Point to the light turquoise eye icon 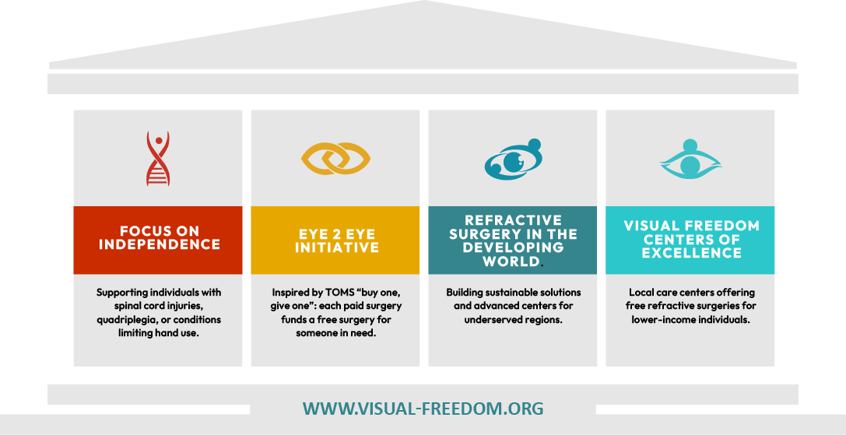coord(690,159)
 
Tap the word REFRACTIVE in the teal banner coord(513,221)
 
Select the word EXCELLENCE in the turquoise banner coord(690,254)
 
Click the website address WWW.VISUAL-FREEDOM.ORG coord(423,409)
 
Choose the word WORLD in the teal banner coord(511,262)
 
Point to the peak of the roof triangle coord(423,2)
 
